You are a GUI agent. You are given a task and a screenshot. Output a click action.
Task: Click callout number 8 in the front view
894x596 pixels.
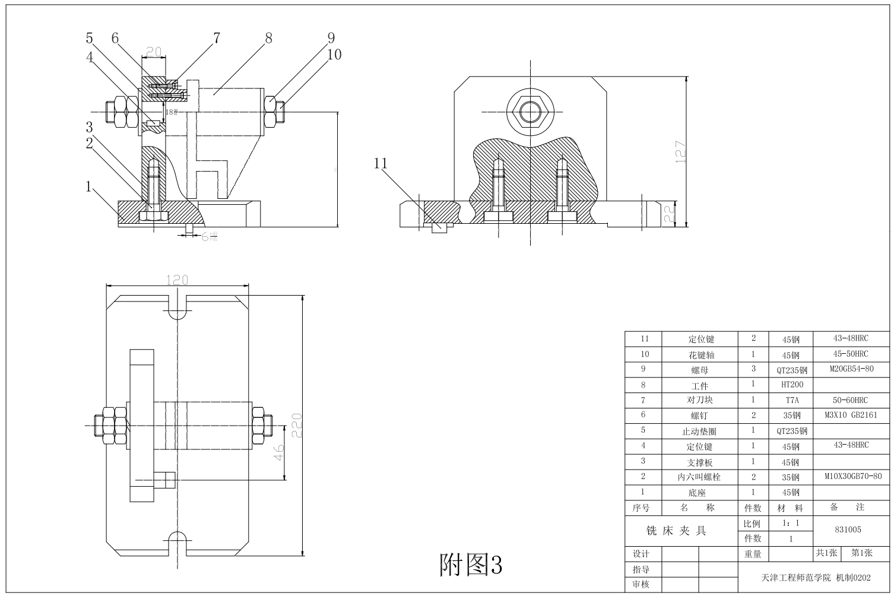268,39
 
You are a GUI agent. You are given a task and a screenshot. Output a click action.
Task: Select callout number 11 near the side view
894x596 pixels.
381,163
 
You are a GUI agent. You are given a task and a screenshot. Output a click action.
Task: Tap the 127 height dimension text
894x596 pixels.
681,152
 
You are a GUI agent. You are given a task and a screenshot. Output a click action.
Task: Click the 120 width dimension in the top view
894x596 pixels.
177,280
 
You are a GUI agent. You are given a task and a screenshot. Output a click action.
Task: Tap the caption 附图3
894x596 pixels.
470,565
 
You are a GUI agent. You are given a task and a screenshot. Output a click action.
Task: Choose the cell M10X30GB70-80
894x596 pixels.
852,476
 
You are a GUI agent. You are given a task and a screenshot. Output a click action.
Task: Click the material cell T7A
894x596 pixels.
791,400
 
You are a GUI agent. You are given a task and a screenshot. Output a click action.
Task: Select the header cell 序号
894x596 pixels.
641,508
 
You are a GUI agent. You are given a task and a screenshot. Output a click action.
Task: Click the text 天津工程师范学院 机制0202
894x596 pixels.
816,577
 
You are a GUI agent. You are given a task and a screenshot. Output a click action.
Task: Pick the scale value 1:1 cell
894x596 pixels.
791,524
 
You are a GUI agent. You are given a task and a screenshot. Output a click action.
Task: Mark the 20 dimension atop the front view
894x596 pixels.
154,52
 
